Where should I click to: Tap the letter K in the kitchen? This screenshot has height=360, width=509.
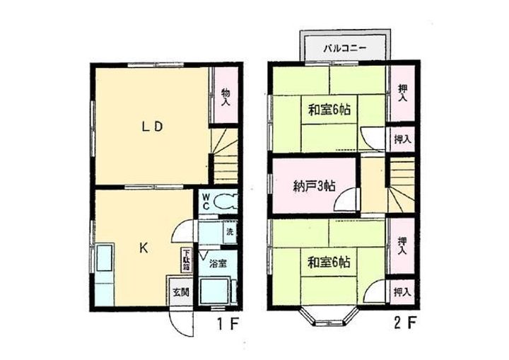(143, 248)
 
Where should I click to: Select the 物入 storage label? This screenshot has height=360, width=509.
(226, 98)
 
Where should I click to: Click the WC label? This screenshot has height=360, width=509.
(206, 201)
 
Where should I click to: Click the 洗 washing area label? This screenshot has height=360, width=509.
(230, 231)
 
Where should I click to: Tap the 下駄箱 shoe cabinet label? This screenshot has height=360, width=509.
(186, 257)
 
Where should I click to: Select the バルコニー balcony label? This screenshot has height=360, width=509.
(344, 48)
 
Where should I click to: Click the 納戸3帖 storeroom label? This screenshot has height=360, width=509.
(315, 187)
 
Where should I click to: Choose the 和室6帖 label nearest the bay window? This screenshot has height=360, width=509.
(329, 262)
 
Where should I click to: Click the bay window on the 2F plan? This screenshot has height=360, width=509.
(329, 318)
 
